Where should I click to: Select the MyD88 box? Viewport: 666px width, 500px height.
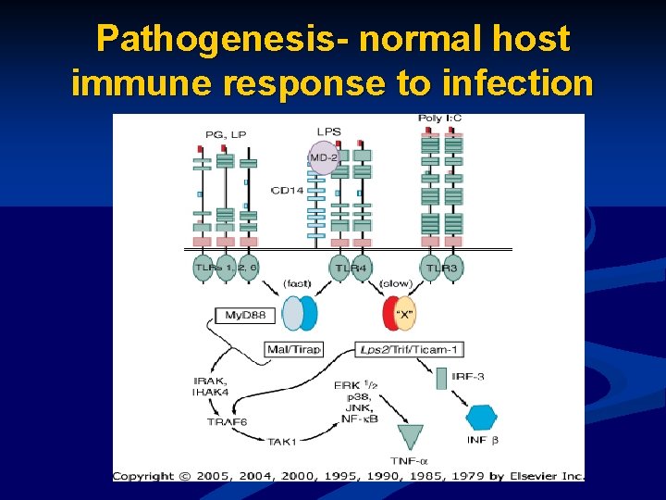click(245, 316)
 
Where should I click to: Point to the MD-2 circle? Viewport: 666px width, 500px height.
click(323, 157)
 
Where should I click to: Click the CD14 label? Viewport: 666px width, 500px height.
click(287, 191)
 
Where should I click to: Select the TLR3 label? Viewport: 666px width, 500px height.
click(442, 269)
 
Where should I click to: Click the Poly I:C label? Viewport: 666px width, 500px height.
click(439, 119)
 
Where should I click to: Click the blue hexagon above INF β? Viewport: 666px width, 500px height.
click(480, 418)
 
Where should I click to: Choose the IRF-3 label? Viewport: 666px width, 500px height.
click(467, 376)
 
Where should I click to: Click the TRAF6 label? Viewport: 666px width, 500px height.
click(228, 422)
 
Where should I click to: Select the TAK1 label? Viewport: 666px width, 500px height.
click(281, 442)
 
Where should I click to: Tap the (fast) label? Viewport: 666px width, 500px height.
click(297, 282)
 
